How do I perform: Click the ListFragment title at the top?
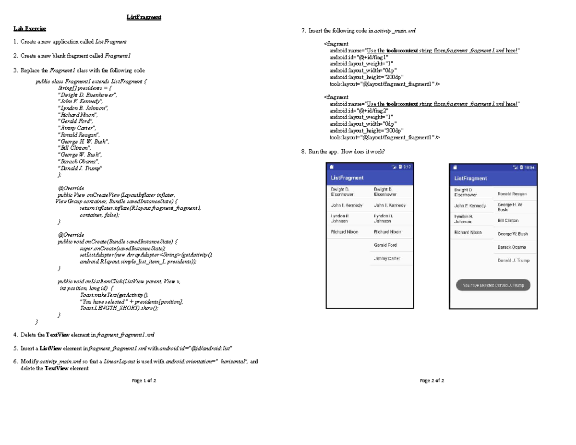click(144, 17)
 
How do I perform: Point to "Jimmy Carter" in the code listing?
click(77, 128)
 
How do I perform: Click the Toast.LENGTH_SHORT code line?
click(119, 309)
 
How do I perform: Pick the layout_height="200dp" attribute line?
click(366, 77)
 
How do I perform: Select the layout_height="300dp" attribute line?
click(366, 131)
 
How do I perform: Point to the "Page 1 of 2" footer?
click(144, 381)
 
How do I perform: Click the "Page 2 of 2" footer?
click(432, 381)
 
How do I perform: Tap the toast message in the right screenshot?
click(492, 285)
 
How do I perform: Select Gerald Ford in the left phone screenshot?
click(385, 245)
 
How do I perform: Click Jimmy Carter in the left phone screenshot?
click(387, 258)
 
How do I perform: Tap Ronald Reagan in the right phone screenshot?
click(512, 194)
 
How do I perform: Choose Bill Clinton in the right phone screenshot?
click(508, 220)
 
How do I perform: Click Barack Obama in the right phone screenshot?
click(511, 247)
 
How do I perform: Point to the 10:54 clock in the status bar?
click(529, 168)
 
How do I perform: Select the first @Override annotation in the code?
click(71, 189)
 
